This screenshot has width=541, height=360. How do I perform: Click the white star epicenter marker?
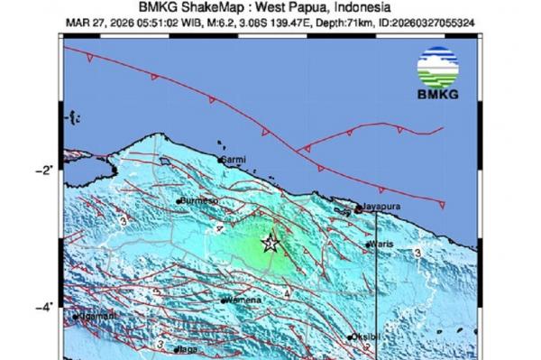click(x=269, y=243)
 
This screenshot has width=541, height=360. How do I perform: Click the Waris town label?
click(x=382, y=244)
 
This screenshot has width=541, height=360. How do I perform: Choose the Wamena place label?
click(x=241, y=299)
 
